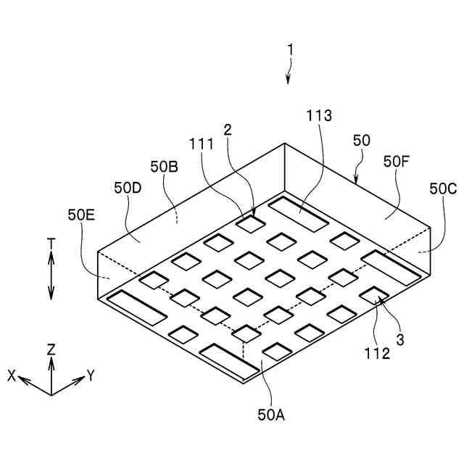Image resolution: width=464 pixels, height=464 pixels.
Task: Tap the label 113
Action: [x=319, y=115]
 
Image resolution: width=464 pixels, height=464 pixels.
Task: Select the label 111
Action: [x=201, y=144]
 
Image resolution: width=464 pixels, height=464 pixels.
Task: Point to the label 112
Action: [x=378, y=354]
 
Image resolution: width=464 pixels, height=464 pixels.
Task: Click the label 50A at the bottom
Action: [x=270, y=415]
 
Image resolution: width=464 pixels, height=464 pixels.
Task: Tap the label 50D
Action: [x=127, y=187]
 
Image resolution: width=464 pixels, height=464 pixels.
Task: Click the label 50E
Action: [x=81, y=215]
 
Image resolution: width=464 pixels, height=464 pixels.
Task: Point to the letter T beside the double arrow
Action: [x=51, y=244]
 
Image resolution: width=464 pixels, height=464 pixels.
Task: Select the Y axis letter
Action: [x=91, y=375]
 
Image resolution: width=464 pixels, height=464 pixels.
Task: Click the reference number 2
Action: [x=228, y=130]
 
